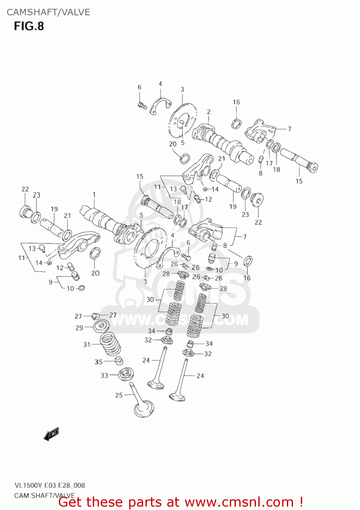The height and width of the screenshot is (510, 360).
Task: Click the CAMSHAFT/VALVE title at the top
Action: [x=48, y=12]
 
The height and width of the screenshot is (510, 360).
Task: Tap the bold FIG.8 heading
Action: [x=29, y=26]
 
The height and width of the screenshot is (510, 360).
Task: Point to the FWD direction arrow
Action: [x=51, y=435]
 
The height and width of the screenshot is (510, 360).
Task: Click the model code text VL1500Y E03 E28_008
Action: [x=50, y=485]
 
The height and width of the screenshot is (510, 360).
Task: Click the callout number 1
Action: [x=94, y=195]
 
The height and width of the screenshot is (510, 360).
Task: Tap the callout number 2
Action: [x=208, y=112]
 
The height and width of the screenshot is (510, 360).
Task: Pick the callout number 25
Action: [x=119, y=395]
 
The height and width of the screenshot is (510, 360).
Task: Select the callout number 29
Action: [x=79, y=328]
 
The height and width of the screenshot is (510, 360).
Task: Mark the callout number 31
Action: [x=87, y=344]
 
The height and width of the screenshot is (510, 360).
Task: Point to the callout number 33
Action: [x=104, y=375]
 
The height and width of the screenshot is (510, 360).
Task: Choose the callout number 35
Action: [x=99, y=362]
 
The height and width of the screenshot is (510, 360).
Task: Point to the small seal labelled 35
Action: [x=119, y=361]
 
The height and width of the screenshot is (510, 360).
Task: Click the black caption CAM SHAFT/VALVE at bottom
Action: [x=45, y=495]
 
